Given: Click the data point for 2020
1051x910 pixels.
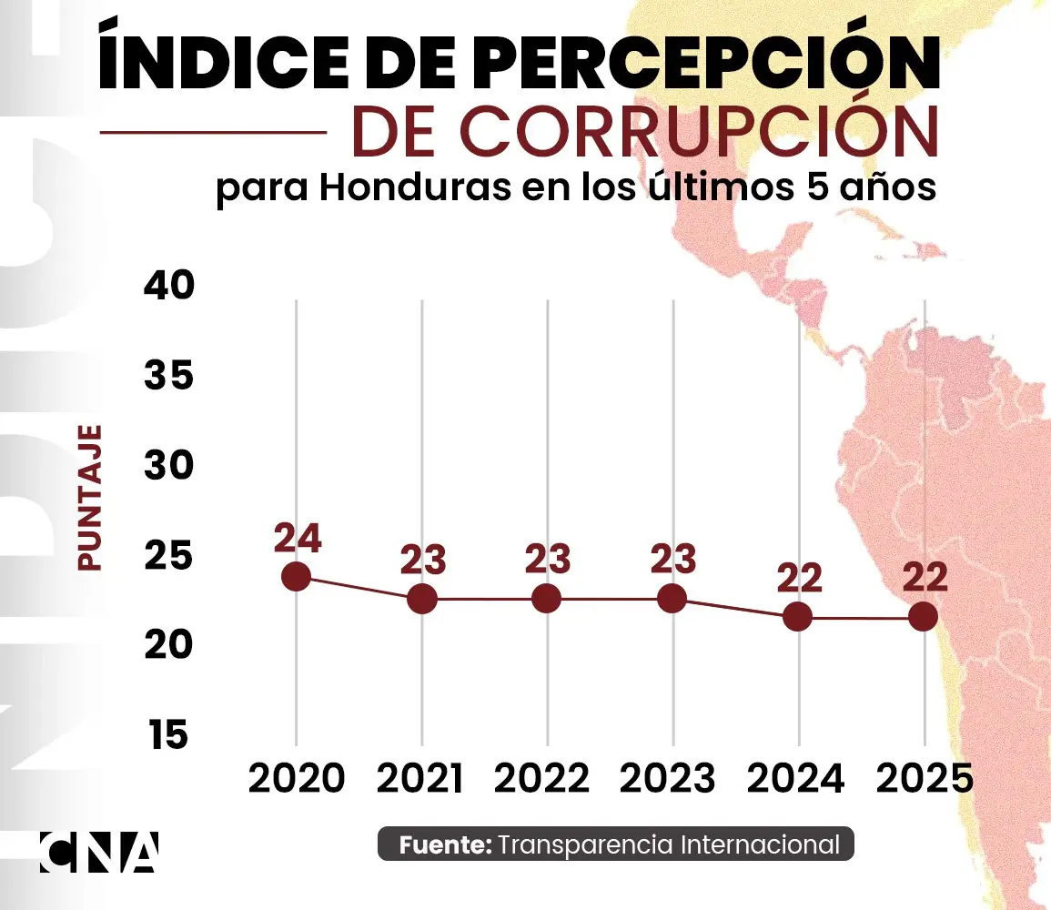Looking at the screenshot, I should tap(297, 576).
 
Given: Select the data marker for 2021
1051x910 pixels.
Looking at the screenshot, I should tap(422, 598).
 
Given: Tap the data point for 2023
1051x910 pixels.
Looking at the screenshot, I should tap(672, 598).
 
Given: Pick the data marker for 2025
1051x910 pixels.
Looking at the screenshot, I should tap(923, 616).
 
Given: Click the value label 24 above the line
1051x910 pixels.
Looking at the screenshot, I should tap(297, 539).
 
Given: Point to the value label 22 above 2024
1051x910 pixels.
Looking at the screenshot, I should tap(798, 578).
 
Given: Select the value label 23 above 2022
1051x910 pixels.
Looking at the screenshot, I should tap(547, 559).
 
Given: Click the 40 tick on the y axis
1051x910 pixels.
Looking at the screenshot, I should tap(169, 287).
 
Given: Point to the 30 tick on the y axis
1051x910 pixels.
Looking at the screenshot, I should tap(169, 466).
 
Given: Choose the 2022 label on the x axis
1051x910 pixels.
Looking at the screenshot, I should tap(547, 779).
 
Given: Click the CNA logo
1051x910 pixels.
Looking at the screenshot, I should tap(98, 852).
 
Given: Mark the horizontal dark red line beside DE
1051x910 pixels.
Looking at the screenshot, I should tap(213, 133).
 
